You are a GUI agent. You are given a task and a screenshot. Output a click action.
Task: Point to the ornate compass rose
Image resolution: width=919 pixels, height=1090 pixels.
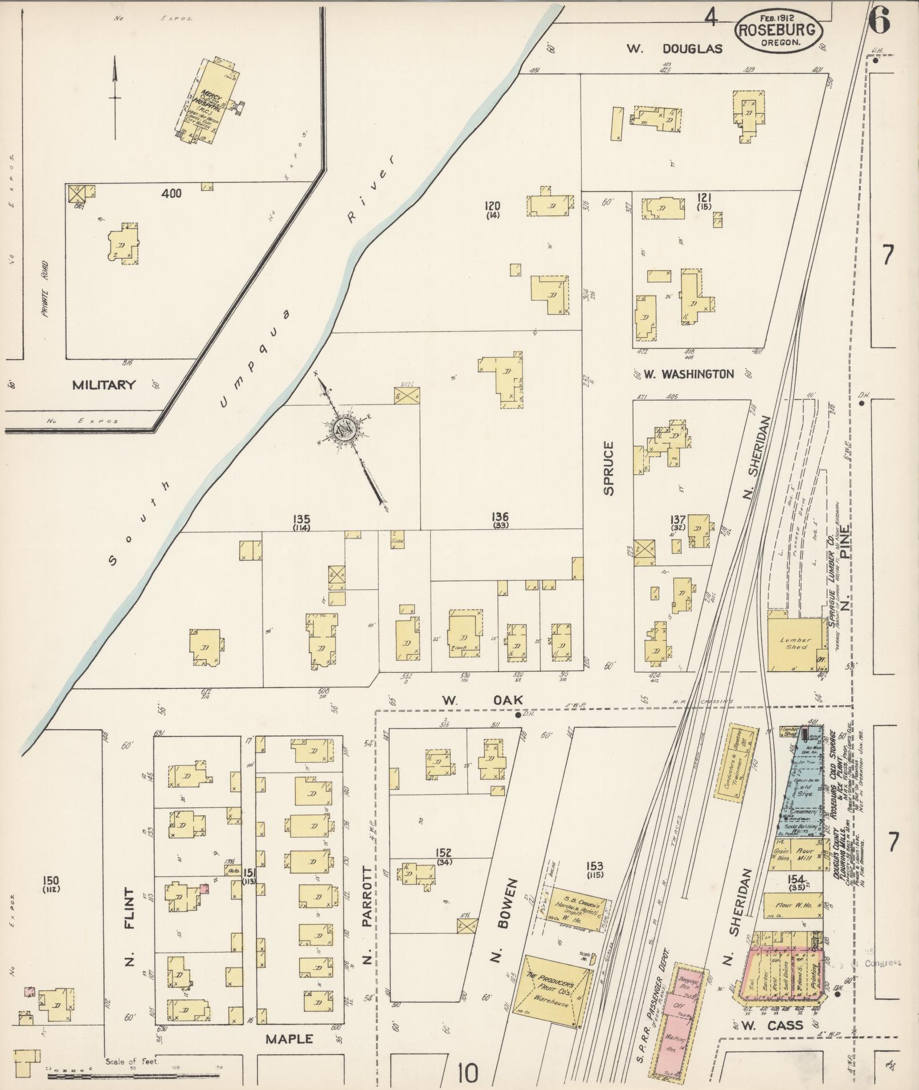(x=345, y=426)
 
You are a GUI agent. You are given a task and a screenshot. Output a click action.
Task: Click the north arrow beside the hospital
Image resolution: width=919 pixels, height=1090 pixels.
(x=115, y=97)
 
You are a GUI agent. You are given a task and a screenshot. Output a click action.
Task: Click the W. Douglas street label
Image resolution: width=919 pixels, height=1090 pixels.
(x=675, y=49)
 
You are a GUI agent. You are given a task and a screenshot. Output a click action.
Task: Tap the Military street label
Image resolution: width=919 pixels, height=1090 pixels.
(x=104, y=385)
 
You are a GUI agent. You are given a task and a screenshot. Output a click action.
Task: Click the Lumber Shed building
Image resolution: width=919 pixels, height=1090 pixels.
(x=796, y=643)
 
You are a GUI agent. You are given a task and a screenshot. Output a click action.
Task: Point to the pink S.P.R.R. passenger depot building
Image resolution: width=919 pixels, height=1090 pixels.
(x=678, y=1017)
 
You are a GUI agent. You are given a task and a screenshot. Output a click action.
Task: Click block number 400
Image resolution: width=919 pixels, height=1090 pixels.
(x=171, y=194)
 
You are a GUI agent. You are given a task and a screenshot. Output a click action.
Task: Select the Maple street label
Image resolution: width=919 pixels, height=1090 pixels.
(x=289, y=1039)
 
